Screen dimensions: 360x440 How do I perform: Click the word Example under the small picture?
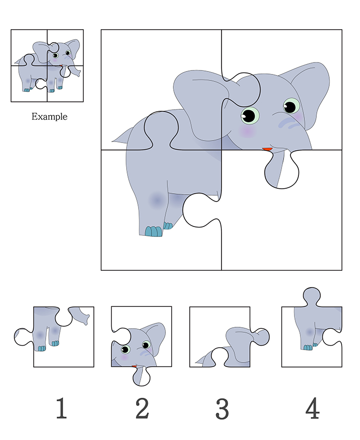coord(49,116)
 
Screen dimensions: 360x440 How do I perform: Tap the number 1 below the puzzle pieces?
coord(62,408)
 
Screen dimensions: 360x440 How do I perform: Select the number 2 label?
coord(142,408)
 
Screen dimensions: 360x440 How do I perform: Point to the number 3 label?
coord(222,409)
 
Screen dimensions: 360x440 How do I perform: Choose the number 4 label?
coord(312,408)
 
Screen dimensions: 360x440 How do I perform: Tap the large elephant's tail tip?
coord(113,141)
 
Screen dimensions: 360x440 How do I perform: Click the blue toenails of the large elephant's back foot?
coord(153,231)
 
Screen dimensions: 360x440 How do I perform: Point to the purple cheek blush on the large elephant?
coord(247,131)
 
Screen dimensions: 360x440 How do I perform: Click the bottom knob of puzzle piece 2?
coord(142,376)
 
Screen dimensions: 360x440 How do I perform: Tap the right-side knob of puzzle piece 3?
coord(261,337)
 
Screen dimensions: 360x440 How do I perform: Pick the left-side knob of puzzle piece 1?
coord(23,337)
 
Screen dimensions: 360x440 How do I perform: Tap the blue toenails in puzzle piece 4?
coord(308,348)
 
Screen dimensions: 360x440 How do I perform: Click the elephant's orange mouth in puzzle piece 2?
coord(135,366)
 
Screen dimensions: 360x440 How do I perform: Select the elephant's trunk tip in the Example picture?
coord(78,74)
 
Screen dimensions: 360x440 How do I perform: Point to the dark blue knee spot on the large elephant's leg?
coord(156,200)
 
